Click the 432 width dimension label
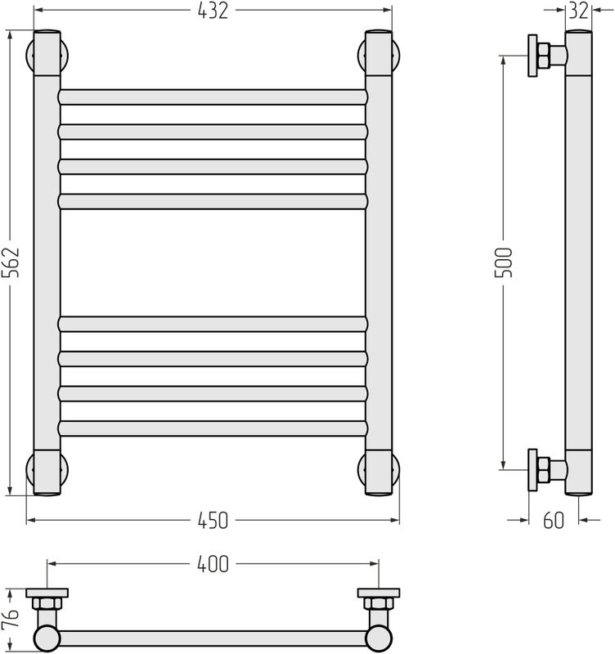(x=213, y=11)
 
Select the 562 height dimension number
(x=11, y=262)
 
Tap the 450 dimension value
(x=213, y=521)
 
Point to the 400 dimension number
(x=213, y=564)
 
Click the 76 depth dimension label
(x=11, y=618)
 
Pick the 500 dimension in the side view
(x=503, y=262)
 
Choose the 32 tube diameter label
(x=578, y=11)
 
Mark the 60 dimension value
(x=554, y=521)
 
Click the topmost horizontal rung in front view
(x=213, y=97)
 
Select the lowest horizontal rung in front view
(x=213, y=428)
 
